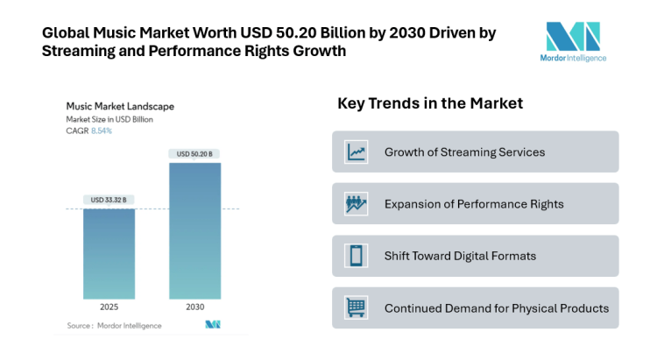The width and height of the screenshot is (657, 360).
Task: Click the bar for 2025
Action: pos(109,254)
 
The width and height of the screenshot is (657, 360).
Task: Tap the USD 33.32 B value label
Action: pos(109,200)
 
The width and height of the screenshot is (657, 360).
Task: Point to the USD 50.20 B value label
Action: pos(194,154)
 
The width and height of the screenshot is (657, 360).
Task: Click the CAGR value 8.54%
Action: pos(102,130)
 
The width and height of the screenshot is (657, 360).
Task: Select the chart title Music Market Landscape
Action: pos(120,106)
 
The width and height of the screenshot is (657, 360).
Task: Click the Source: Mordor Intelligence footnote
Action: pos(114,325)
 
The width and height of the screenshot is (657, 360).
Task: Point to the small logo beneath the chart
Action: pos(212,325)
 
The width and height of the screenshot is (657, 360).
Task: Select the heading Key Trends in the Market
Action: pos(430,103)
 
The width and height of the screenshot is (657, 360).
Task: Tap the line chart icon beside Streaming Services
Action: pos(357,152)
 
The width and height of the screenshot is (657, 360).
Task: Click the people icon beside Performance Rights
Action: pos(357,204)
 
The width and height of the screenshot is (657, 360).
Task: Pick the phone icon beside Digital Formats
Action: pos(357,256)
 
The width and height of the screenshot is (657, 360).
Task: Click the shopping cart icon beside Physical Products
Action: pos(357,307)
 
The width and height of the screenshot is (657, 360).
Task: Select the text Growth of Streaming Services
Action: pos(464,152)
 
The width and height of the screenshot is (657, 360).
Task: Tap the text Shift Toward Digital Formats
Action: pos(460,256)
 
